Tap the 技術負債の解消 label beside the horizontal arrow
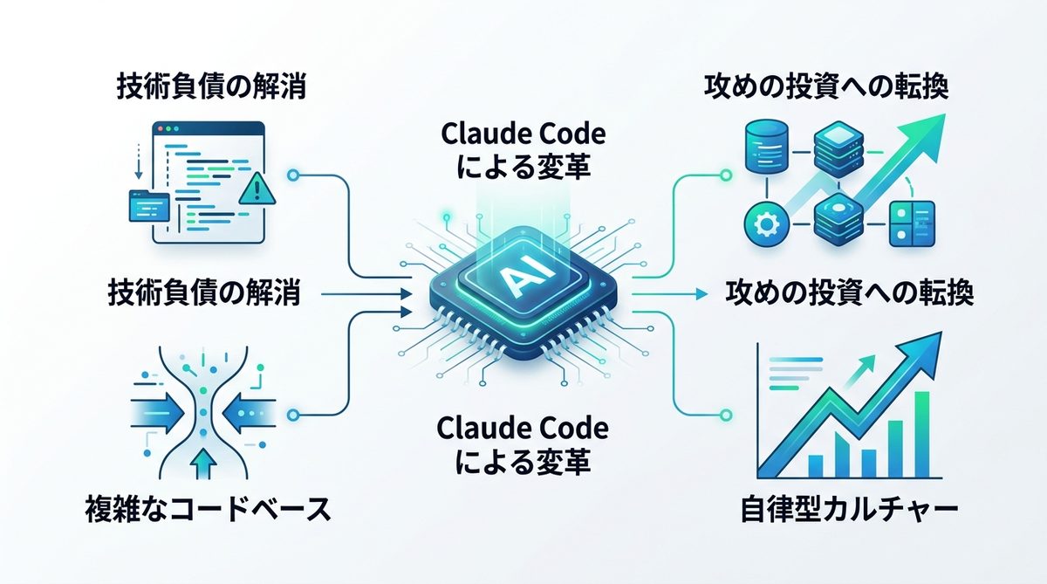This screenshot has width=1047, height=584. coord(205,292)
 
